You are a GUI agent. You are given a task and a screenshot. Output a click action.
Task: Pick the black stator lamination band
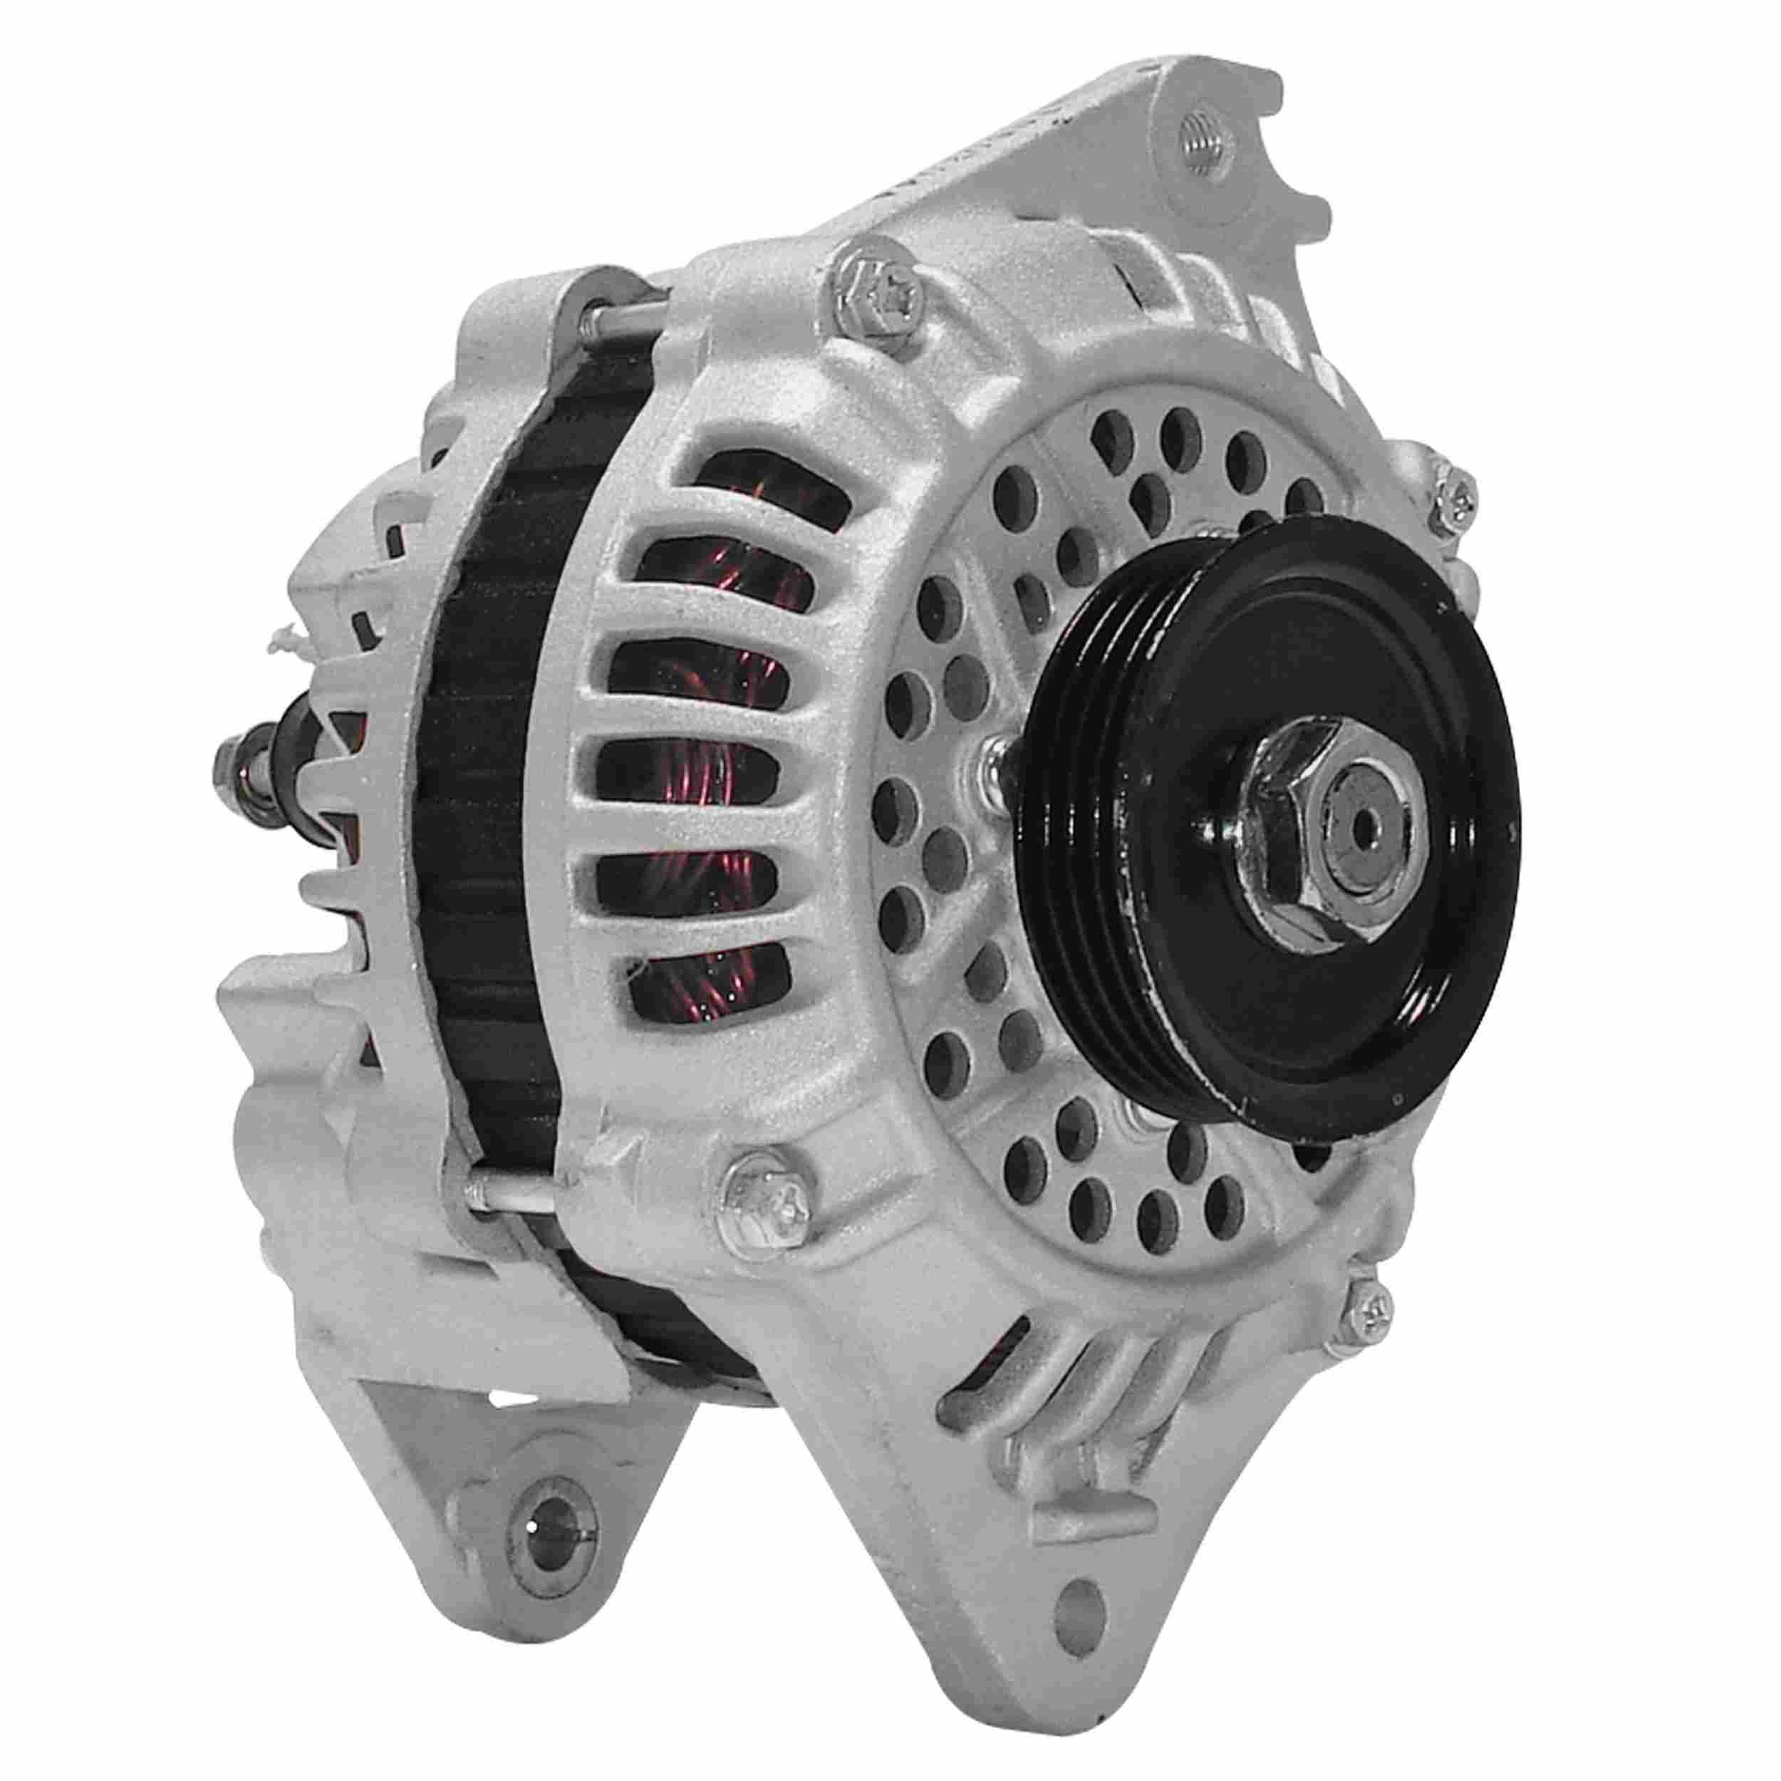tap(479, 830)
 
